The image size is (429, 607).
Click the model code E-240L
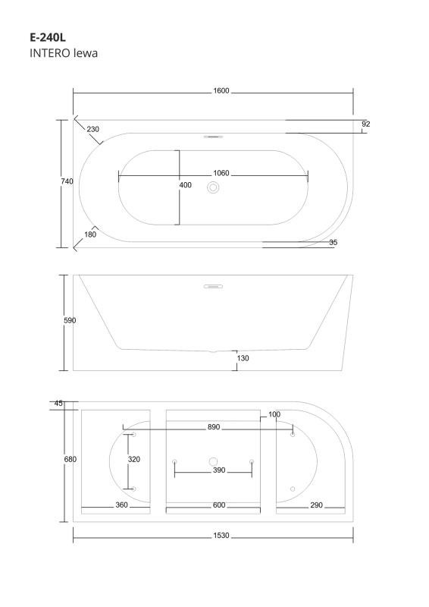[x=48, y=37]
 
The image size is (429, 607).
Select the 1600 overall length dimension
[x=221, y=91]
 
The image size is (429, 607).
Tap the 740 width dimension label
[x=67, y=181]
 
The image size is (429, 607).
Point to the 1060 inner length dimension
[x=221, y=174]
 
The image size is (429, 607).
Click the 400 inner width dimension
[x=185, y=185]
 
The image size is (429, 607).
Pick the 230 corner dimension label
[x=92, y=129]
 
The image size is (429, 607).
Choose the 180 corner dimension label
[x=90, y=234]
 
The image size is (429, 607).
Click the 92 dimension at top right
[x=366, y=124]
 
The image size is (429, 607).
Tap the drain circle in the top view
[x=213, y=187]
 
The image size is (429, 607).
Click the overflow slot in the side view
[x=213, y=287]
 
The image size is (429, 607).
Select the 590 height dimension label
[x=70, y=320]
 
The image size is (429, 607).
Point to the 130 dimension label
[x=243, y=358]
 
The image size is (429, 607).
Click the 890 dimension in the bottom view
[x=214, y=427]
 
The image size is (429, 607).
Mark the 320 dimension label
[x=134, y=460]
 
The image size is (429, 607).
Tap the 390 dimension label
[x=219, y=470]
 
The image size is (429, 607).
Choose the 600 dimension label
[x=219, y=505]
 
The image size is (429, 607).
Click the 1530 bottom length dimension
[x=221, y=536]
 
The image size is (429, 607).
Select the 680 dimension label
[x=70, y=460]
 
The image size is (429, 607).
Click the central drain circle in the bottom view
[x=213, y=461]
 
